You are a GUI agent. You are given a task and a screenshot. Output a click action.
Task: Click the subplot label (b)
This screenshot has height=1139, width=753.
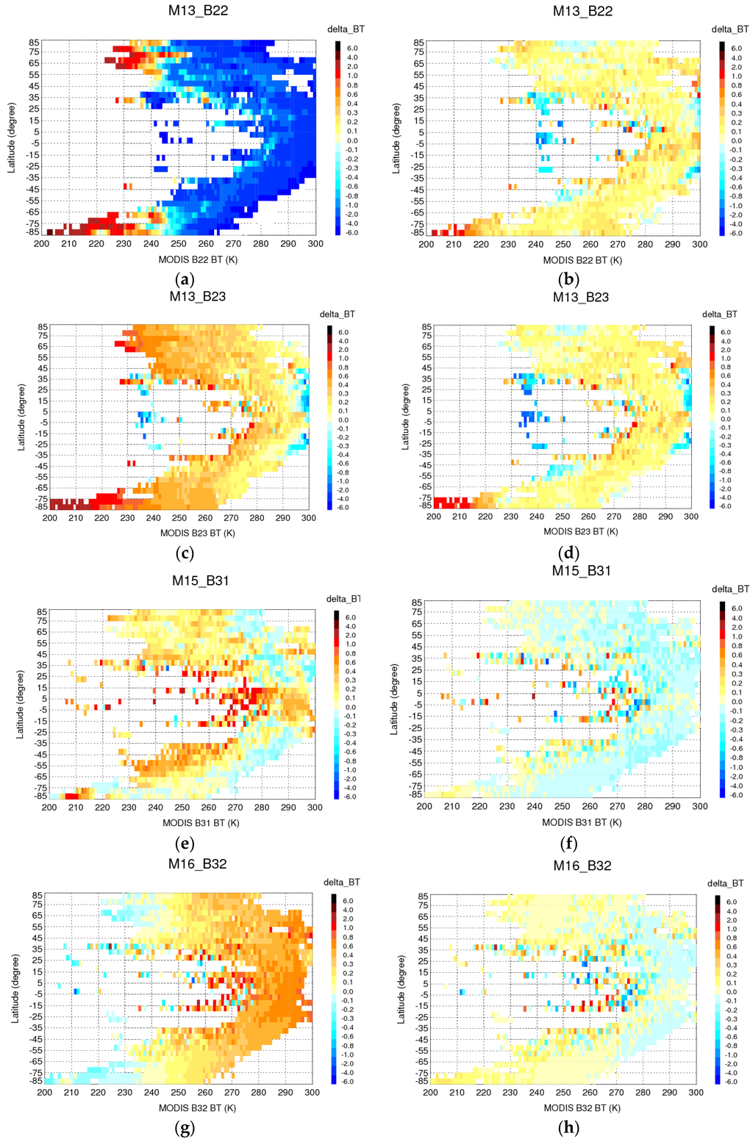click(x=569, y=279)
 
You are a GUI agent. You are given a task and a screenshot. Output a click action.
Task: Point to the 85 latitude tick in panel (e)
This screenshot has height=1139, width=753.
click(x=42, y=611)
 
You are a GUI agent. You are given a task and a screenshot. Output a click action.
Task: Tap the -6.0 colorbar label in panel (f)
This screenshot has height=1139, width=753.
click(x=735, y=795)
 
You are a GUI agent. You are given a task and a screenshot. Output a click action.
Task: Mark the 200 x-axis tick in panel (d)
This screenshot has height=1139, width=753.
click(x=434, y=517)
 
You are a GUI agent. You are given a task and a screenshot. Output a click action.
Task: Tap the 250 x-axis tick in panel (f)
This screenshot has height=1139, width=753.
click(x=563, y=806)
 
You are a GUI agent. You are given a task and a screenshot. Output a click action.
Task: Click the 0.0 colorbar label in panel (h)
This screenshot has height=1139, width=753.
click(x=732, y=992)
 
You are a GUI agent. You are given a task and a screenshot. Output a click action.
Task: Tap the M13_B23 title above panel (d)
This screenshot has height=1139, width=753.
click(x=582, y=297)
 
